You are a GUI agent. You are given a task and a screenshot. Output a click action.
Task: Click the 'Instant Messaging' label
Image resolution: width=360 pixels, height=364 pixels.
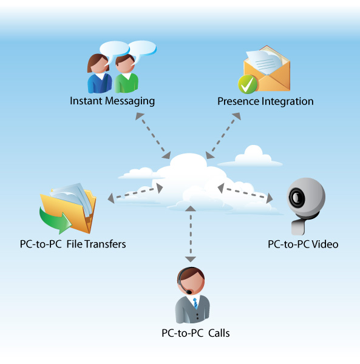click(x=112, y=101)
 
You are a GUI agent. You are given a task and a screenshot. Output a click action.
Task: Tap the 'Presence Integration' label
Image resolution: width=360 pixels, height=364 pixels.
click(x=265, y=102)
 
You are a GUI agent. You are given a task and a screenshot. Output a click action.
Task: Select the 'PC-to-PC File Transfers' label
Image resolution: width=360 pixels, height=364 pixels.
click(x=73, y=244)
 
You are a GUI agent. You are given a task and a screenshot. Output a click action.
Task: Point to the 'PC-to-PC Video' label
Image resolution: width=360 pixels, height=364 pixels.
click(x=303, y=244)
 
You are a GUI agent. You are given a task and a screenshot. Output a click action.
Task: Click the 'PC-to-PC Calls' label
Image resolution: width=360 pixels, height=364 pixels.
click(x=195, y=333)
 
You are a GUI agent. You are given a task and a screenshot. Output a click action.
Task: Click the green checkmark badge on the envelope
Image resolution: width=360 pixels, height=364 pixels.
click(x=248, y=84)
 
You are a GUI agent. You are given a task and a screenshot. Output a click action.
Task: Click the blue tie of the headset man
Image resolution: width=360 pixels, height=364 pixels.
click(x=195, y=303)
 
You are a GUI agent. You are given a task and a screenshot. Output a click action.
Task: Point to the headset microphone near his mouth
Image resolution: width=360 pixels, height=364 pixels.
click(x=189, y=292)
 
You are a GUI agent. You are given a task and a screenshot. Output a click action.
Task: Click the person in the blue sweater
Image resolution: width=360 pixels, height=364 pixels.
click(x=99, y=73)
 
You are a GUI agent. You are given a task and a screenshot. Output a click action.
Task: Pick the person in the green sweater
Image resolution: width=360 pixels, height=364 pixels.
click(x=126, y=73)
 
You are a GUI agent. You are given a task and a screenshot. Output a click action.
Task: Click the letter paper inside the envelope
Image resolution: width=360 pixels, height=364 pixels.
click(x=264, y=61)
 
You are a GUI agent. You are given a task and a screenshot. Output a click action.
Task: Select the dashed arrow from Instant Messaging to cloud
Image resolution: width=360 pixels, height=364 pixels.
click(x=153, y=136)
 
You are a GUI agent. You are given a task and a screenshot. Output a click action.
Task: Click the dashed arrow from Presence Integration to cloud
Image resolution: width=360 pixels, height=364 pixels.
click(x=223, y=135)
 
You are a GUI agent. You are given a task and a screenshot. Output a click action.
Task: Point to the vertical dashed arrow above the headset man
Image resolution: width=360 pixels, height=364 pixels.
click(x=191, y=234)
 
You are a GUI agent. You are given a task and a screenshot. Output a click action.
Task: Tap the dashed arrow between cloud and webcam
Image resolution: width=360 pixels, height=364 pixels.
click(x=245, y=193)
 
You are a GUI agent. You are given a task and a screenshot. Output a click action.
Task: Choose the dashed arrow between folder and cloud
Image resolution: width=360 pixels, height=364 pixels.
click(x=135, y=193)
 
